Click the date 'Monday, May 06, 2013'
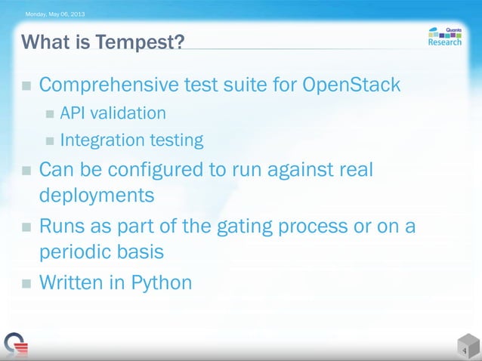56,14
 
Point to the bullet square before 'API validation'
49,114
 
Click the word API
73,113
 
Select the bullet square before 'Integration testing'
49,140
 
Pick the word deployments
97,196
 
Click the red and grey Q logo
14,344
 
